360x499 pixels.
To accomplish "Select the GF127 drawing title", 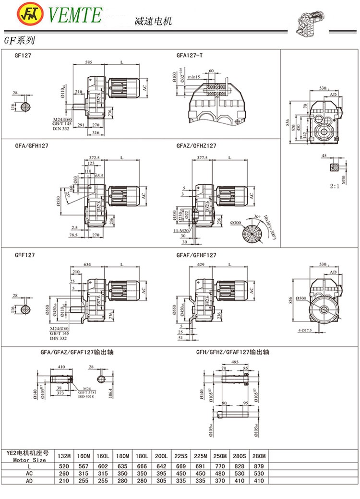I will click(23, 55).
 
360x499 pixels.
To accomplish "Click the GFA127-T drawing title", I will click(190, 55).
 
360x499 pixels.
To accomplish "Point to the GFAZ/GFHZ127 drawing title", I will click(196, 145).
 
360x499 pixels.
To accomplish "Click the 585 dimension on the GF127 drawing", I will click(89, 62).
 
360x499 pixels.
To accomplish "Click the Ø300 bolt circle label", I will click(236, 223).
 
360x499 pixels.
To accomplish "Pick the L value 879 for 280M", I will click(260, 466).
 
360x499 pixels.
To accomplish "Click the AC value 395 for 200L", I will click(161, 473).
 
